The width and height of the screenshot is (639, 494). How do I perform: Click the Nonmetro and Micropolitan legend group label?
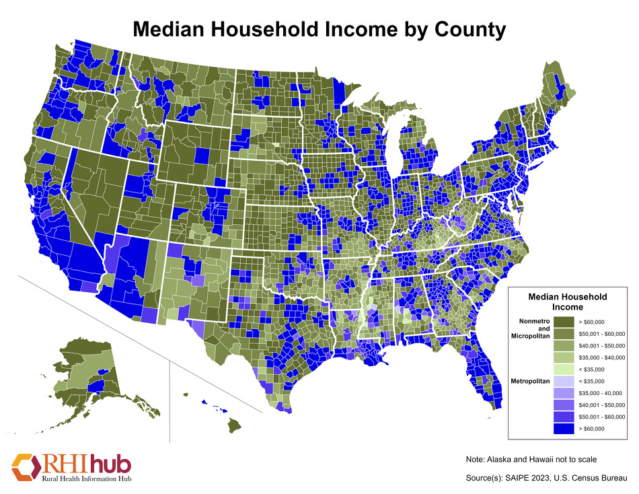point(532,328)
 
